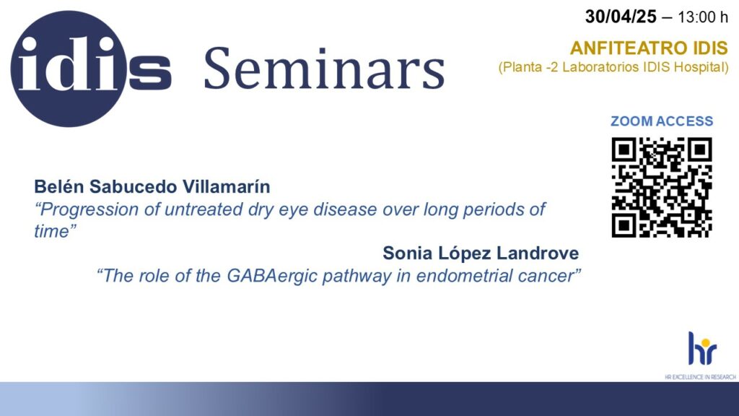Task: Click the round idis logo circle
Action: [69, 69]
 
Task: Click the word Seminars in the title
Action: [324, 69]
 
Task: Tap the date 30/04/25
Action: [621, 17]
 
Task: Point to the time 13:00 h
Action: [703, 17]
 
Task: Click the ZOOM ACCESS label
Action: [662, 121]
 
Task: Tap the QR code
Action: [662, 187]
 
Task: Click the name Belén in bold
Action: [59, 186]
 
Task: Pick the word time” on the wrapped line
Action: [55, 231]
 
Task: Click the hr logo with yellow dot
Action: [702, 348]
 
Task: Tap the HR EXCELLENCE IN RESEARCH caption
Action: [700, 377]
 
